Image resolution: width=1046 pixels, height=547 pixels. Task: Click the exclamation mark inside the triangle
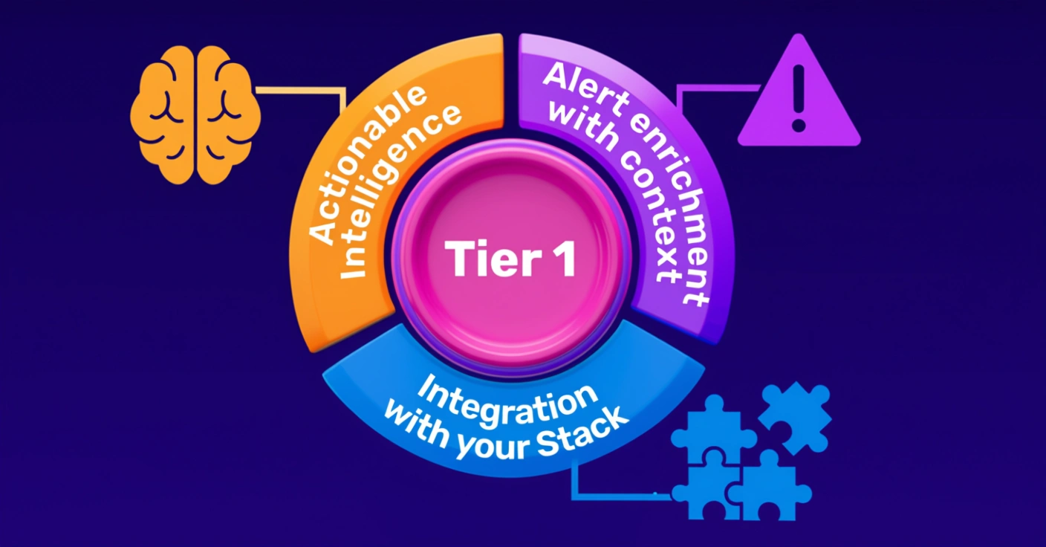[x=799, y=97]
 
